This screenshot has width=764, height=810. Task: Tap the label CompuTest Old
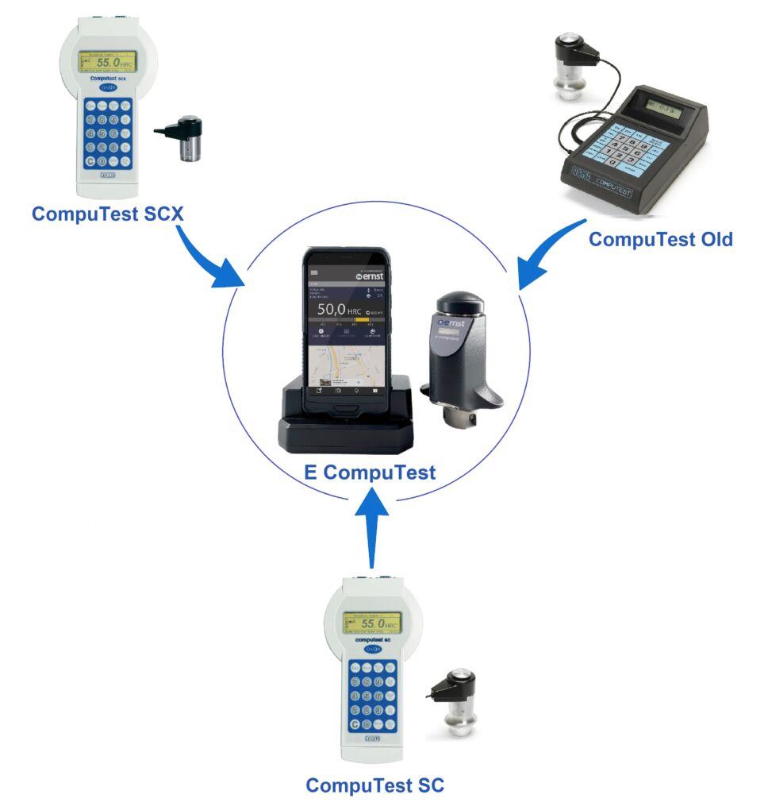(660, 238)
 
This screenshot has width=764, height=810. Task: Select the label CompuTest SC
(375, 785)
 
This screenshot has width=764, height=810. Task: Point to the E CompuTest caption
(370, 472)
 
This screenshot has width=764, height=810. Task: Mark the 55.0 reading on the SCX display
(109, 61)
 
